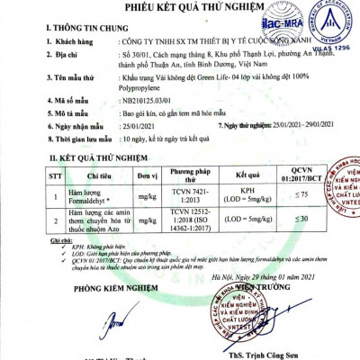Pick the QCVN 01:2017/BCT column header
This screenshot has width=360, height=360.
(306, 175)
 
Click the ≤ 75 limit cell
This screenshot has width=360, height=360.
(307, 194)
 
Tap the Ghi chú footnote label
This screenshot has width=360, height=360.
(62, 238)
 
